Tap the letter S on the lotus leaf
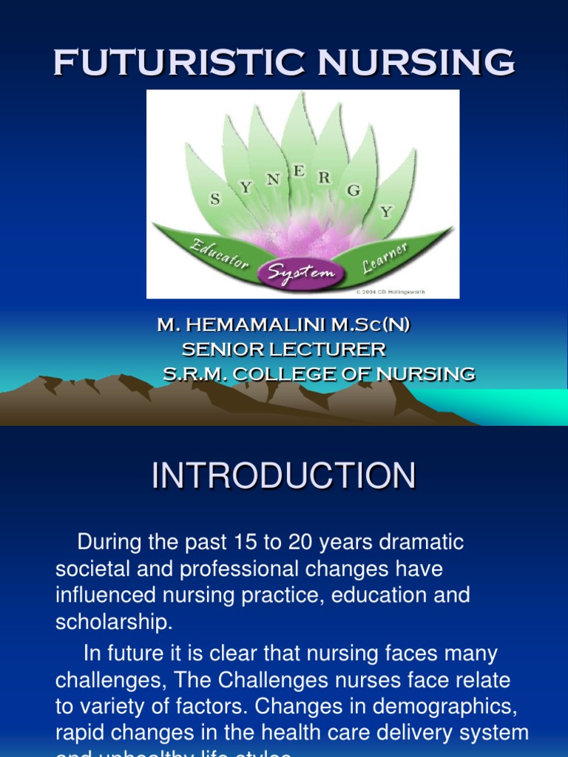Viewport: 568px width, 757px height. pyautogui.click(x=215, y=198)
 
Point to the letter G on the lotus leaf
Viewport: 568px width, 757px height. pyautogui.click(x=354, y=191)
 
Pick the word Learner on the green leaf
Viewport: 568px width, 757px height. pyautogui.click(x=385, y=257)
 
